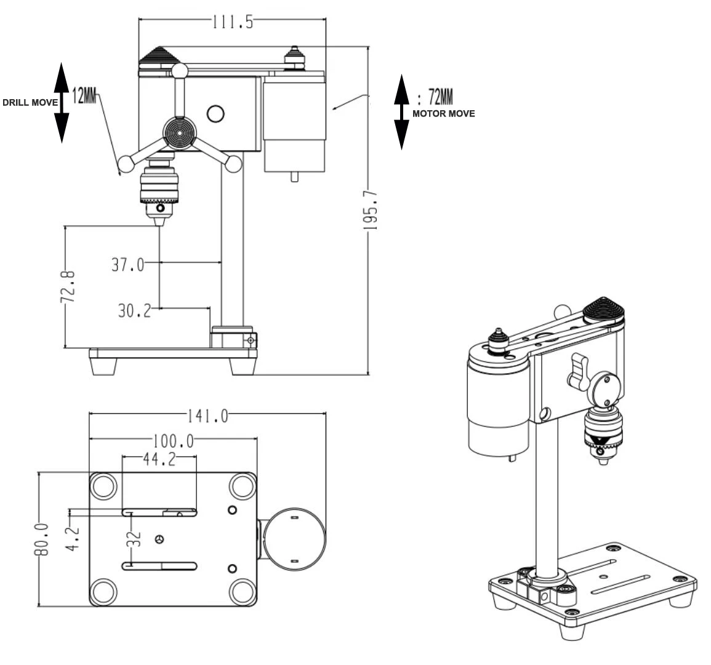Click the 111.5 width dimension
click(x=232, y=22)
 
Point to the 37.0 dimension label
click(x=127, y=265)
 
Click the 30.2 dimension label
click(x=134, y=310)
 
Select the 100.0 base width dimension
click(x=174, y=441)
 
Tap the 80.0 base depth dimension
click(x=41, y=540)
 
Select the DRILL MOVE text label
click(x=29, y=102)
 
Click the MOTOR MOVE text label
click(x=443, y=113)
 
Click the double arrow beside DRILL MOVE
click(x=61, y=102)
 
